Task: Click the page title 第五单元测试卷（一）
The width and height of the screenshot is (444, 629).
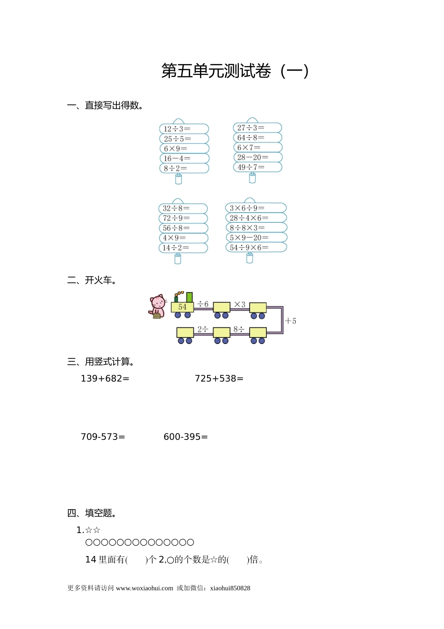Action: (235, 71)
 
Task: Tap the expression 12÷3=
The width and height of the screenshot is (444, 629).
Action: (177, 129)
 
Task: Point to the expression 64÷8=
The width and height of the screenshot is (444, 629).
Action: (251, 138)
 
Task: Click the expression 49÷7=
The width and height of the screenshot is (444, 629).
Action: (251, 167)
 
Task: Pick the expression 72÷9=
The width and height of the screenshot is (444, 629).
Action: (176, 218)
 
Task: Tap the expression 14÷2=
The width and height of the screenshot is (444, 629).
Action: (176, 248)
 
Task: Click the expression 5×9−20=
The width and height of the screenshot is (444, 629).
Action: (249, 238)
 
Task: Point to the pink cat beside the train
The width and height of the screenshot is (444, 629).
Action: (158, 307)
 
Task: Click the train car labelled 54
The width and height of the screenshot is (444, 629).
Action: (182, 307)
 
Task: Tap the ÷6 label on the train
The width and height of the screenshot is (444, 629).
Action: (203, 304)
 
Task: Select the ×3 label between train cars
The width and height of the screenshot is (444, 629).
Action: (240, 304)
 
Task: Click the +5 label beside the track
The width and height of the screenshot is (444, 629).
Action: (291, 321)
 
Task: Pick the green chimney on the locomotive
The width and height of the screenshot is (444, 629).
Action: (189, 297)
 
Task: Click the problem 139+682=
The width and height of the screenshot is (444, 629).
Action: (105, 379)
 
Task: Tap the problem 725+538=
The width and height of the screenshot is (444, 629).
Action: (219, 379)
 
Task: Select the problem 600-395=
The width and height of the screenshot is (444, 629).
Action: (186, 437)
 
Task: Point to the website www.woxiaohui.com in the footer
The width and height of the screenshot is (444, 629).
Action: (144, 588)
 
